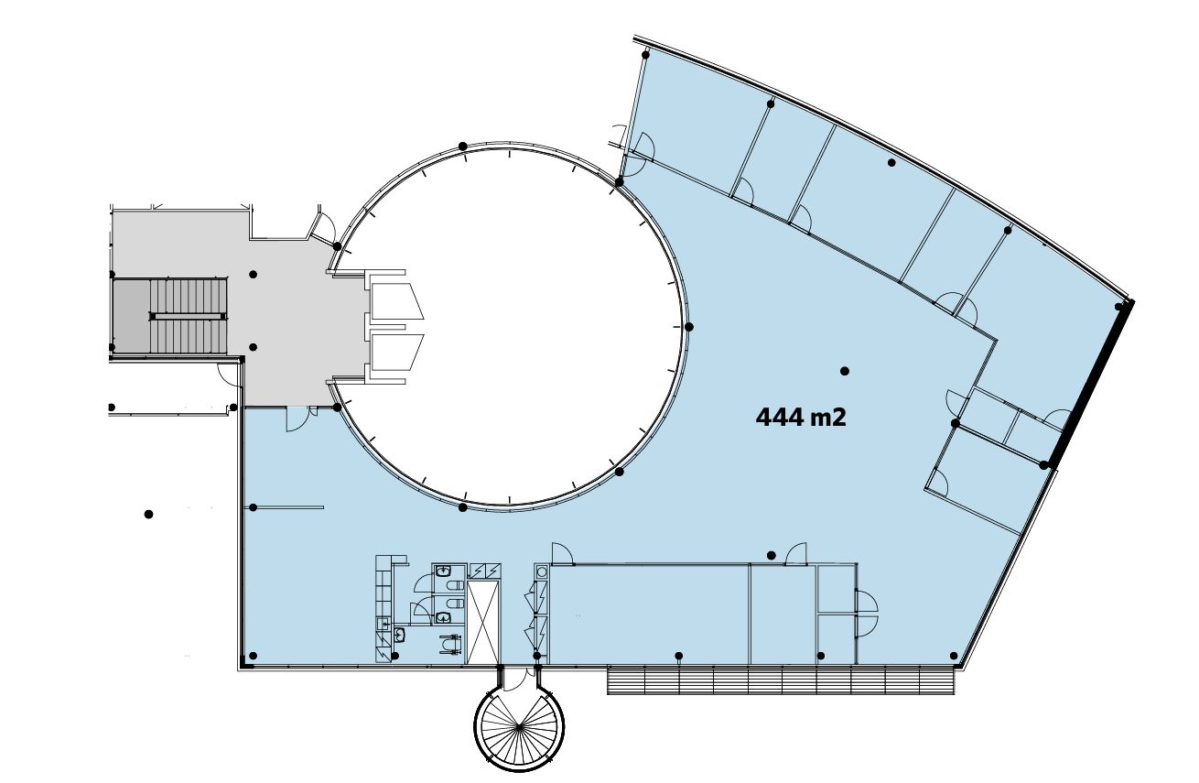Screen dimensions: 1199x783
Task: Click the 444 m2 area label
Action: (x=801, y=418)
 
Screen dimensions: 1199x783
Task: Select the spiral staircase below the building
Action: (x=519, y=727)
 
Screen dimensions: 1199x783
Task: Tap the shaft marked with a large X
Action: (x=483, y=622)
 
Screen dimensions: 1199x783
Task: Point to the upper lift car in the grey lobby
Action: (x=396, y=301)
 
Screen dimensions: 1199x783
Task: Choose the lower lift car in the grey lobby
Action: (x=396, y=353)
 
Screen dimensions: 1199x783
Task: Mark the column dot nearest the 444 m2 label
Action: (x=845, y=371)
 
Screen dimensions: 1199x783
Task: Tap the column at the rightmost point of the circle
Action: (x=689, y=327)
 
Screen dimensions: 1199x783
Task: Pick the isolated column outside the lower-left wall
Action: (x=149, y=514)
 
